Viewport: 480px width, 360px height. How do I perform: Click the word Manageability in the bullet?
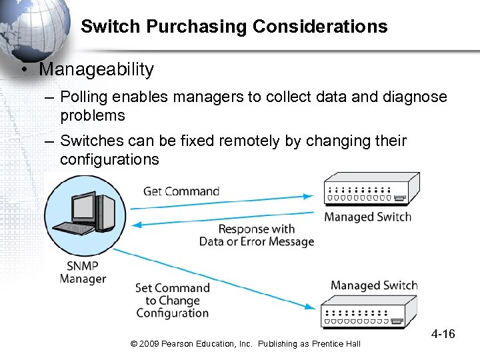[x=97, y=69]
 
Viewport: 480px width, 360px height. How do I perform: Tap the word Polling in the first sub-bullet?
[x=83, y=97]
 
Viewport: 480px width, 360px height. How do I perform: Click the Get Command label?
[x=181, y=191]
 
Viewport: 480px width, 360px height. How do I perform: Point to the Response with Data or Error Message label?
[x=256, y=235]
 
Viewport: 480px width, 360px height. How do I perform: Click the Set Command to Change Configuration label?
[x=173, y=300]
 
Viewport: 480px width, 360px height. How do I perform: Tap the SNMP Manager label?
[x=82, y=271]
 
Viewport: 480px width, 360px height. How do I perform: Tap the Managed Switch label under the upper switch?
[x=367, y=217]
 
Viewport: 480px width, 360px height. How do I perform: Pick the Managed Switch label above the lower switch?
[x=373, y=285]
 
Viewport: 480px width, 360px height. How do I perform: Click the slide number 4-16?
[x=443, y=333]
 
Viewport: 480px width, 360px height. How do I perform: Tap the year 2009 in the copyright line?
[x=149, y=343]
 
